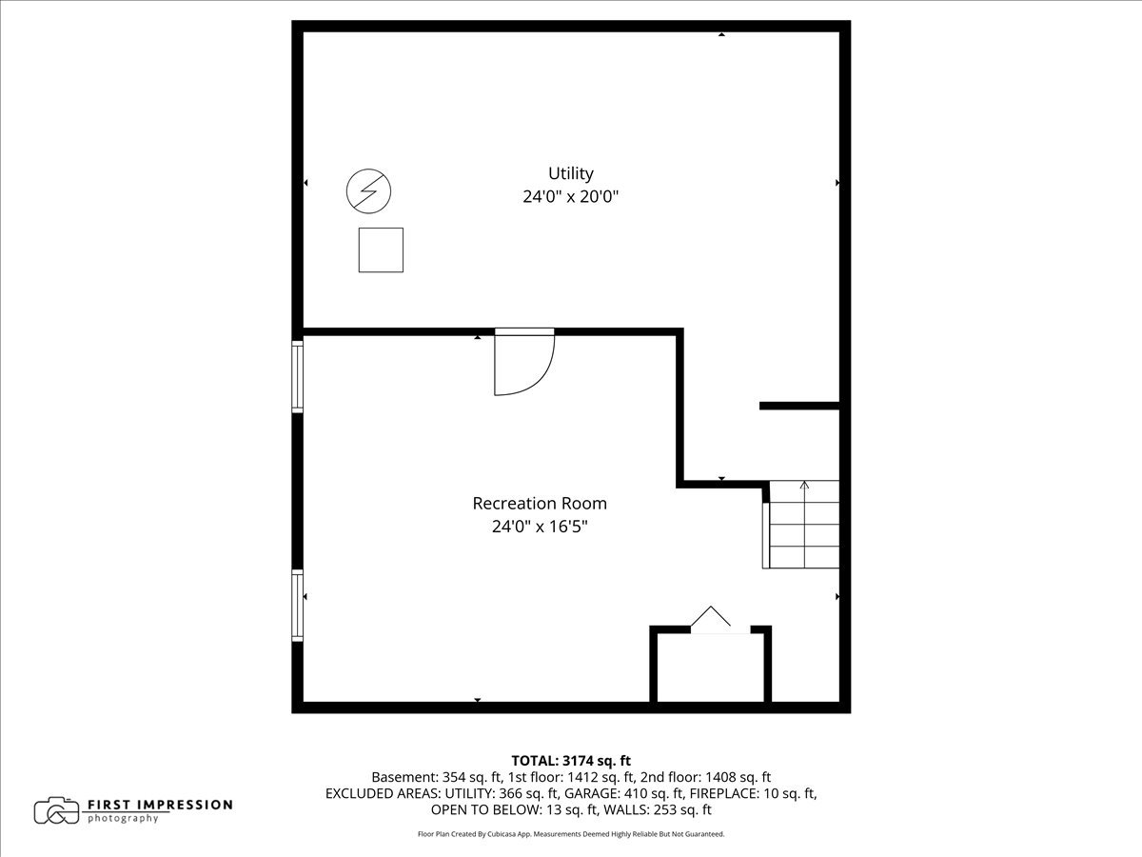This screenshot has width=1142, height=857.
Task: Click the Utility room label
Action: pyautogui.click(x=570, y=173)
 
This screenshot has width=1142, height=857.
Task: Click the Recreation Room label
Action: pyautogui.click(x=540, y=503)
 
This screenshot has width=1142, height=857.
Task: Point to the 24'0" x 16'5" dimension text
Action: pyautogui.click(x=540, y=526)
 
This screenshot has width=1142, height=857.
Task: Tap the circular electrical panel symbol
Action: pyautogui.click(x=368, y=190)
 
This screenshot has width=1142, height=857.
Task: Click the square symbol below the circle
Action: pyautogui.click(x=381, y=249)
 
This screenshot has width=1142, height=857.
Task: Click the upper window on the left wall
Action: pyautogui.click(x=297, y=376)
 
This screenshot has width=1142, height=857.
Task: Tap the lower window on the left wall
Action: pyautogui.click(x=297, y=605)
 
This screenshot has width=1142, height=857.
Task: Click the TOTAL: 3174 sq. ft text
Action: pyautogui.click(x=571, y=760)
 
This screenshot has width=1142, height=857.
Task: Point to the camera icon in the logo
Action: pyautogui.click(x=57, y=810)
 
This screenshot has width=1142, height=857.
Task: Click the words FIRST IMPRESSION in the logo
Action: pyautogui.click(x=160, y=805)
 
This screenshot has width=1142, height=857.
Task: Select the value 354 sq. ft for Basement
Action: pyautogui.click(x=461, y=777)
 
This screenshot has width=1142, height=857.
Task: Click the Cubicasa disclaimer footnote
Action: pyautogui.click(x=571, y=834)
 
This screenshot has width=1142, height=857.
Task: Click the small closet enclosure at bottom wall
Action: pyautogui.click(x=710, y=667)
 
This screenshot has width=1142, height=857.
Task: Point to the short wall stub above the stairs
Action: pyautogui.click(x=798, y=406)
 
